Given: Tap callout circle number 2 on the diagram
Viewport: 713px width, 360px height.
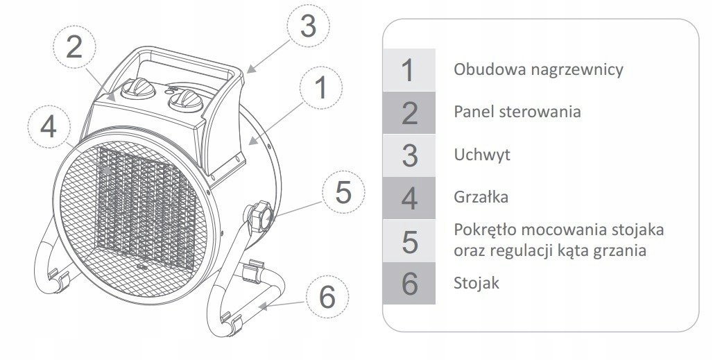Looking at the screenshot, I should tap(75, 46).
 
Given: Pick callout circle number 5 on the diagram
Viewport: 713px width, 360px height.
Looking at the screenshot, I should tap(344, 192).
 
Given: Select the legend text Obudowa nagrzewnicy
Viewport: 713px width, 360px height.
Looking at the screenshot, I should tap(538, 69).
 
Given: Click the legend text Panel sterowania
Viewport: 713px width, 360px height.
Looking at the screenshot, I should tap(517, 112).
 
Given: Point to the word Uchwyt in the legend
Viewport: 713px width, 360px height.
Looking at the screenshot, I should tap(481, 154).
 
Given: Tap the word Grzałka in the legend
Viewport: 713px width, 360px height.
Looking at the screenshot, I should tap(481, 197).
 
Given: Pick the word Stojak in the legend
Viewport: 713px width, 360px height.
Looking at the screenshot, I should tap(476, 283).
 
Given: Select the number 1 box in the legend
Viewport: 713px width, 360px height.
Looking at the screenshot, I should tap(409, 69).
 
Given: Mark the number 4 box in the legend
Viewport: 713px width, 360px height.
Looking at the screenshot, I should tap(409, 198).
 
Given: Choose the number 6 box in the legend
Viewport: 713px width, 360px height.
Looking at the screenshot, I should tap(409, 283).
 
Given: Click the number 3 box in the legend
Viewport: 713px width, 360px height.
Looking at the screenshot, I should tap(409, 155).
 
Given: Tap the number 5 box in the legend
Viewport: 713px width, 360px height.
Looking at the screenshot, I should tap(409, 241).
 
